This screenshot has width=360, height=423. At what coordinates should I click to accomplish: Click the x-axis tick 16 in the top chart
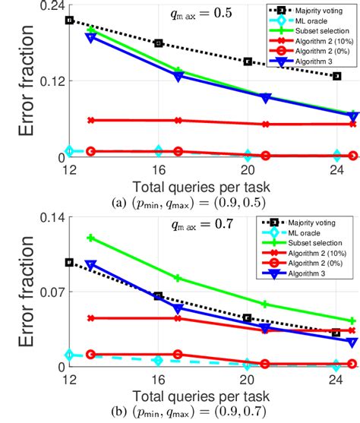click(158, 169)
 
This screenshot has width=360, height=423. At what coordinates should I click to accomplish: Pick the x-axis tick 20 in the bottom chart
click(248, 379)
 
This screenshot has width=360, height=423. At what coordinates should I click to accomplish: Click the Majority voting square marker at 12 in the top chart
click(70, 20)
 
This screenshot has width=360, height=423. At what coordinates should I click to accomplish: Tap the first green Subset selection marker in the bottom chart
click(92, 238)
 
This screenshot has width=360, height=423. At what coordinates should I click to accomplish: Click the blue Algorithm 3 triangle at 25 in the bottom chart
click(352, 343)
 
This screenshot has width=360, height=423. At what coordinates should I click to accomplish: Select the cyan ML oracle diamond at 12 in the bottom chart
click(70, 355)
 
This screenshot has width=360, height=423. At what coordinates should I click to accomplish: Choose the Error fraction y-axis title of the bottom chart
click(17, 292)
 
